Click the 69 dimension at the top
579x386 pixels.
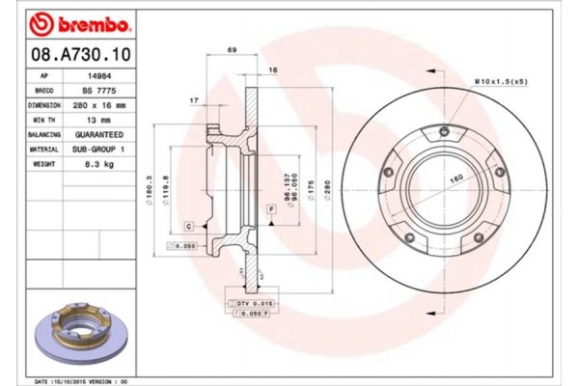(231, 49)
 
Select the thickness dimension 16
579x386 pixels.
(273, 70)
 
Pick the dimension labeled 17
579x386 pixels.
(195, 99)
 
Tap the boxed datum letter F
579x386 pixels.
(271, 208)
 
